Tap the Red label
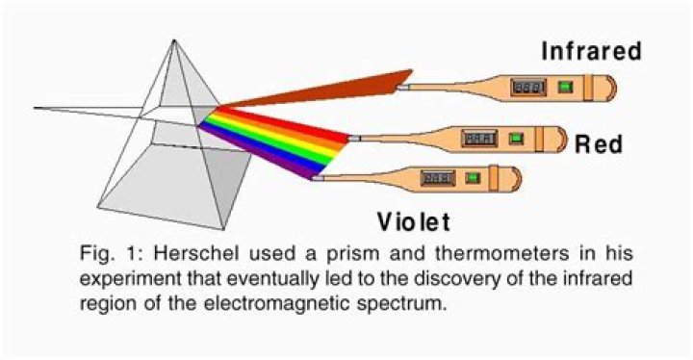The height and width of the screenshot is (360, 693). [x=599, y=145]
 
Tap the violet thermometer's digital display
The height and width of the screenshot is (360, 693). [x=439, y=179]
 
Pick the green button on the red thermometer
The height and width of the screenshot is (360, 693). [x=518, y=139]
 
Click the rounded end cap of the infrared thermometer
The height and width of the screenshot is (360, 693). [x=604, y=89]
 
